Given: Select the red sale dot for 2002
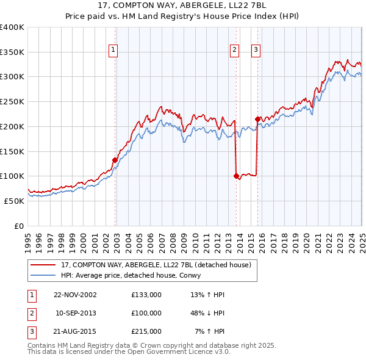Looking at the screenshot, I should [115, 160].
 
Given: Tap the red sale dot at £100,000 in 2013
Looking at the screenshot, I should [235, 176].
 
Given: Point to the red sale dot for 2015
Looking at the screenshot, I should [257, 119].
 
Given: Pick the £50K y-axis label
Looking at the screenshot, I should [14, 200].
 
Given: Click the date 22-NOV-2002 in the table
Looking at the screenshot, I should [75, 295].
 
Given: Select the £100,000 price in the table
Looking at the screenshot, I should [146, 313].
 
